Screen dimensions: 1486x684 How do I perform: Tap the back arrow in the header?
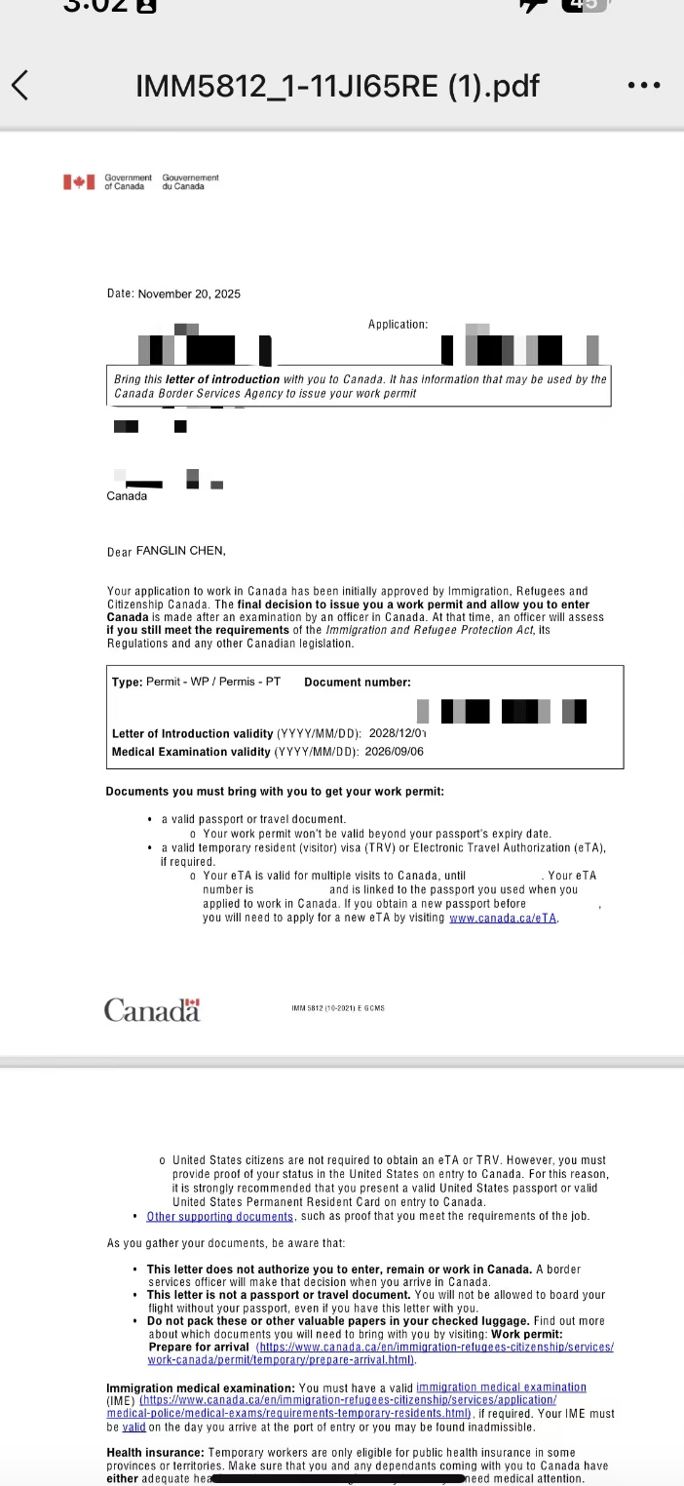point(19,86)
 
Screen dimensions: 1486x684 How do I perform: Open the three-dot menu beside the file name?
point(644,86)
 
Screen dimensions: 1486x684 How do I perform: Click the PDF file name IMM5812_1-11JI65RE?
point(337,86)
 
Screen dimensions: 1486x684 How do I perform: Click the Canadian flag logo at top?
point(79,182)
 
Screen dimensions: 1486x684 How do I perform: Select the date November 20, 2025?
point(189,293)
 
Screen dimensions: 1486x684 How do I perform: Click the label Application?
point(398,324)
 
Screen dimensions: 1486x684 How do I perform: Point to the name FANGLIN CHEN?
point(180,551)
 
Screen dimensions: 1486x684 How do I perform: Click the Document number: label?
point(358,683)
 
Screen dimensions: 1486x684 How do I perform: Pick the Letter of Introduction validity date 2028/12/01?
point(398,733)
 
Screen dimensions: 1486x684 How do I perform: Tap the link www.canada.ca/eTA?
point(503,919)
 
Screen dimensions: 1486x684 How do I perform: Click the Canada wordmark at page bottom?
point(152,1010)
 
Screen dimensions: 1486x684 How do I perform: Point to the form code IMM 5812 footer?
point(338,1008)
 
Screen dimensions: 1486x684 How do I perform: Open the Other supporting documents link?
point(220,1216)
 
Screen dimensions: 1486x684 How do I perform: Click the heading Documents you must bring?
point(275,792)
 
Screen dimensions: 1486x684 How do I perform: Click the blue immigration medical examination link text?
point(501,1387)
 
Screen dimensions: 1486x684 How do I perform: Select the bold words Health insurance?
point(155,1452)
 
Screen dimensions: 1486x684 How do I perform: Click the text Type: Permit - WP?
point(196,682)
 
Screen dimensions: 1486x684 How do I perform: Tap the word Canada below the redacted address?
point(127,496)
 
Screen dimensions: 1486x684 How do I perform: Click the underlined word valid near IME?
point(133,1427)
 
